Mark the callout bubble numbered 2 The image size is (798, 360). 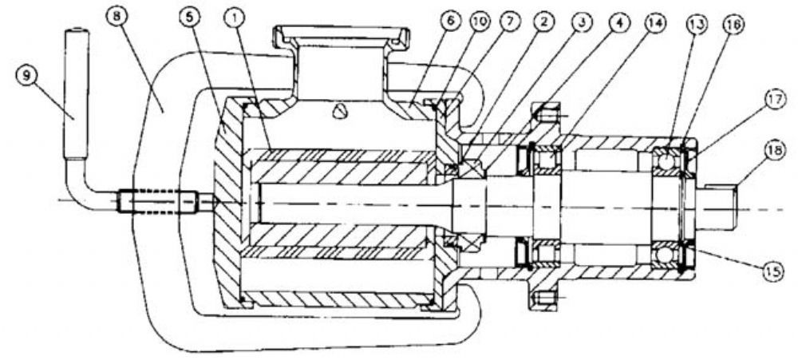tap(544, 22)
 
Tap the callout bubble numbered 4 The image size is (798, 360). tap(619, 22)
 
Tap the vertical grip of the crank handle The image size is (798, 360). tap(77, 94)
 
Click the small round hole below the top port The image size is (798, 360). tap(338, 112)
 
